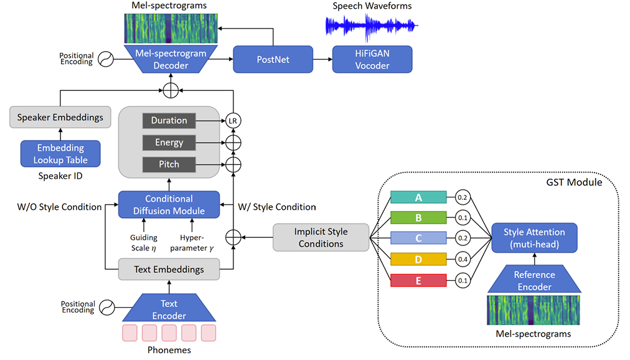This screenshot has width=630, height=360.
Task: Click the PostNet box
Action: click(273, 60)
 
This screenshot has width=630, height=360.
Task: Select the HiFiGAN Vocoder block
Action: click(373, 60)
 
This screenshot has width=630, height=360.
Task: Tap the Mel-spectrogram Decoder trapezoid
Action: click(171, 60)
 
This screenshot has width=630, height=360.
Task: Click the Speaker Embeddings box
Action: click(60, 117)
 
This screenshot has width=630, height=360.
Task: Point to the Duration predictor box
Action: click(169, 120)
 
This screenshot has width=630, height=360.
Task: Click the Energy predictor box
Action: click(169, 143)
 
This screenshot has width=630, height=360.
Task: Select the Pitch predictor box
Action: click(169, 164)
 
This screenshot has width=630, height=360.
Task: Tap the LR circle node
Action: click(233, 120)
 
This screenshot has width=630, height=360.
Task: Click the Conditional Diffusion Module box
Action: click(169, 206)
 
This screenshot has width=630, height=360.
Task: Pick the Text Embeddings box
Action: click(169, 270)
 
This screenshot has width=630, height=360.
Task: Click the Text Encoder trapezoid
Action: click(169, 310)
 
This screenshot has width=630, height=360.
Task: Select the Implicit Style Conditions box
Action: click(321, 238)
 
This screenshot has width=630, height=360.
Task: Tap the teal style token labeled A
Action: click(418, 197)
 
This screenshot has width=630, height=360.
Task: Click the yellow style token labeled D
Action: click(418, 259)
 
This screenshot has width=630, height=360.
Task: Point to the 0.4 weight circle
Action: click(463, 259)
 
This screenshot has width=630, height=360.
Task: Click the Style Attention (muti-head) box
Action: click(534, 238)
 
